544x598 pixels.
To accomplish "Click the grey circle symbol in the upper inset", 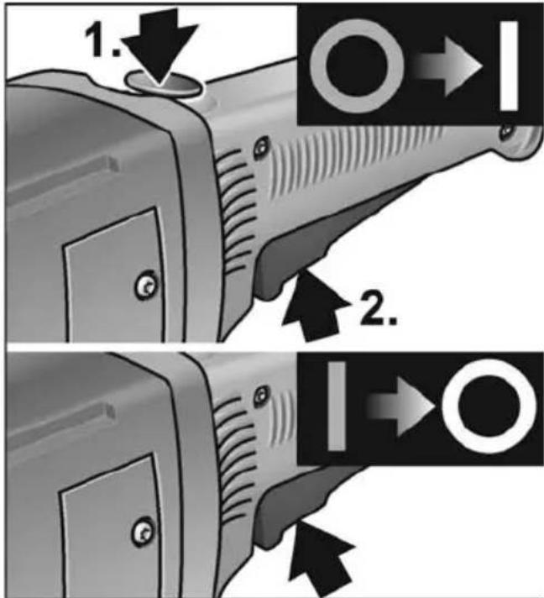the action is [x=357, y=66].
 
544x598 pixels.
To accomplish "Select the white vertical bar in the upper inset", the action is [x=509, y=66].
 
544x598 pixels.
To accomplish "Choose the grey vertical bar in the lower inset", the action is [x=337, y=407].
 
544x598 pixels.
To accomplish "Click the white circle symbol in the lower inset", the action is [x=489, y=406].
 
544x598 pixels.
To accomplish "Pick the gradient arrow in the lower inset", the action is [x=400, y=407].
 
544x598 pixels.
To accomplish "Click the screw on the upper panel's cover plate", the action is [x=146, y=285].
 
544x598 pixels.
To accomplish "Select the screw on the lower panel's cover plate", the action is [x=143, y=532].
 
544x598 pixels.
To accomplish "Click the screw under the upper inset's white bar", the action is [x=507, y=131].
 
